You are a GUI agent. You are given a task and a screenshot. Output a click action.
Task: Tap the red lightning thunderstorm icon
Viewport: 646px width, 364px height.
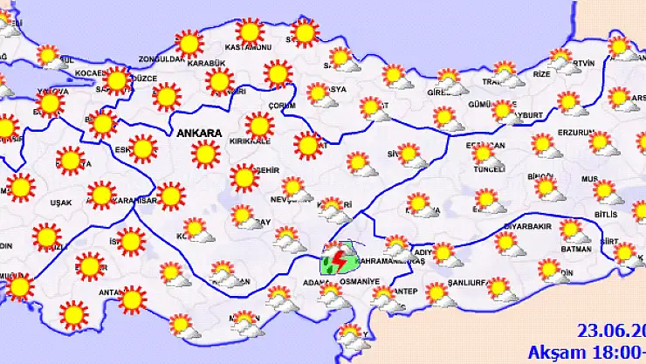(x=335, y=262)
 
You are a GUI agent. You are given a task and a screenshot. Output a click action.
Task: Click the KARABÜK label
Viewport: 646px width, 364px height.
(x=209, y=63)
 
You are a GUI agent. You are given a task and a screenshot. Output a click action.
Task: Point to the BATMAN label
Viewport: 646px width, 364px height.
(x=573, y=247)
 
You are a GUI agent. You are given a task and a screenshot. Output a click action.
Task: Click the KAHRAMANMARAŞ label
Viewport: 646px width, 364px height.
(x=390, y=261)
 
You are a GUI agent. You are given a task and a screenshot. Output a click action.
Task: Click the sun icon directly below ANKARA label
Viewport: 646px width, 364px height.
(x=207, y=155)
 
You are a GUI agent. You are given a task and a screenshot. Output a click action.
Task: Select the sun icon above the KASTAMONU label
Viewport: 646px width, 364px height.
(x=250, y=32)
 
